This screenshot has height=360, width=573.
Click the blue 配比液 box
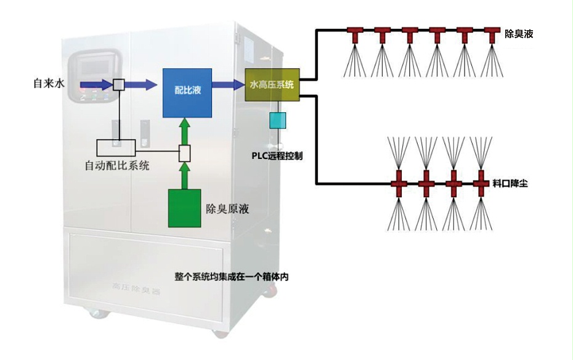(x=188, y=92)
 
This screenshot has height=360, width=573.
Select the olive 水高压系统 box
(x=272, y=84)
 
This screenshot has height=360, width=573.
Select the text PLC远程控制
(x=277, y=156)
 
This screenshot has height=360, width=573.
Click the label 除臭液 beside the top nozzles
(x=518, y=35)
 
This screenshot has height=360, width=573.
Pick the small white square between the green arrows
(x=184, y=153)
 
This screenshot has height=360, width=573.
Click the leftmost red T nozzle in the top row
(x=356, y=33)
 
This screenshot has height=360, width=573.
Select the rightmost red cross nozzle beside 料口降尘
(x=481, y=183)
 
